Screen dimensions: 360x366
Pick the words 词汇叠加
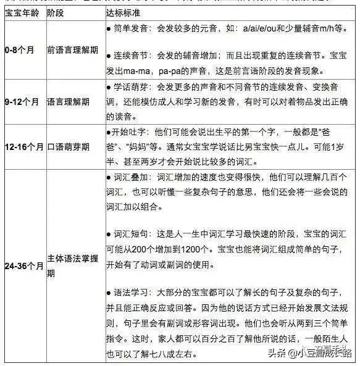coord(128,178)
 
